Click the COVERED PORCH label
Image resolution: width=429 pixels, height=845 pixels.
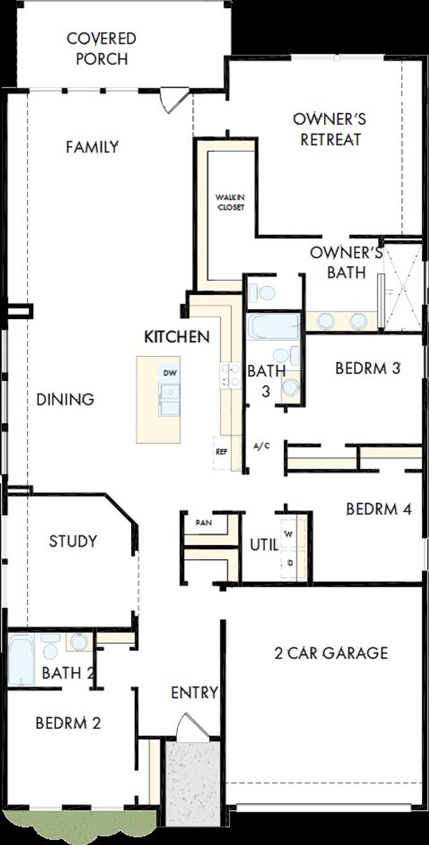pos(102,49)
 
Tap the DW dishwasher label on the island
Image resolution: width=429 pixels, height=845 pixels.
pos(170,373)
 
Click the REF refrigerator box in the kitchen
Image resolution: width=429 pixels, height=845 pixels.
pos(222,452)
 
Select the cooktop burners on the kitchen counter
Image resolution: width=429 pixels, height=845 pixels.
pos(231,375)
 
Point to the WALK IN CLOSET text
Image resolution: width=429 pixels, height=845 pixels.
pos(230,202)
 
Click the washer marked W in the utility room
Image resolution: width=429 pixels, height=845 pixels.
pos(289,534)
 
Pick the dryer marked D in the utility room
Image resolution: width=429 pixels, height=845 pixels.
pos(290,563)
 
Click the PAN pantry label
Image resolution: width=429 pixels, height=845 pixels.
pos(204,522)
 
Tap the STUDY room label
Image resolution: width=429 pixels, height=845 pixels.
pos(73,541)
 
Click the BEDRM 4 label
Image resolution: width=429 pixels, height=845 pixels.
pos(378,509)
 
